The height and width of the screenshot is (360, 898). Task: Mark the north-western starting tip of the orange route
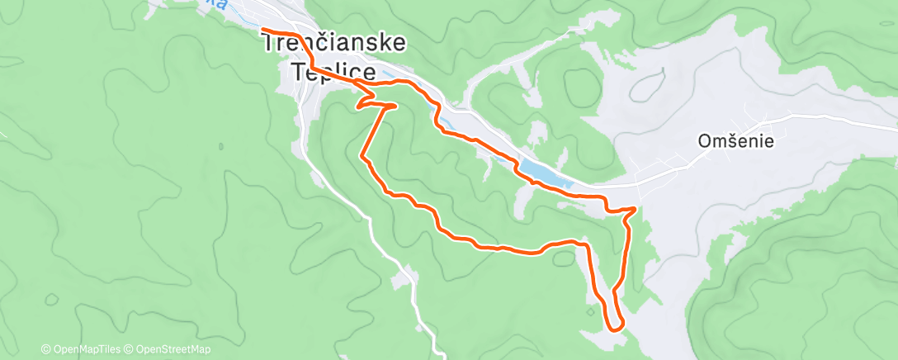tap(263, 30)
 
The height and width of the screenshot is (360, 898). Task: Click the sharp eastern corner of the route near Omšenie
tap(636, 208)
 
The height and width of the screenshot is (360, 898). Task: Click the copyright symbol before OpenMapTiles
tap(45, 349)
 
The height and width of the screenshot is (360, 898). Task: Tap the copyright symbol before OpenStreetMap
tap(130, 349)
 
